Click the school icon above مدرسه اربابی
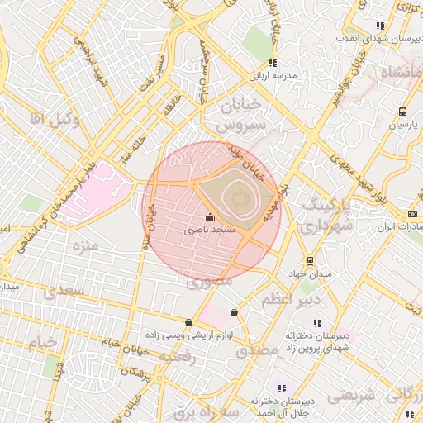point(272,63)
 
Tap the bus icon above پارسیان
point(402,112)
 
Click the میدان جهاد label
point(310,273)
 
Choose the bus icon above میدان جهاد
point(310,261)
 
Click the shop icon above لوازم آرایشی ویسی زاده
point(189,323)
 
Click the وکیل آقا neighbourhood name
point(54,120)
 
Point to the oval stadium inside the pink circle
point(236,196)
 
